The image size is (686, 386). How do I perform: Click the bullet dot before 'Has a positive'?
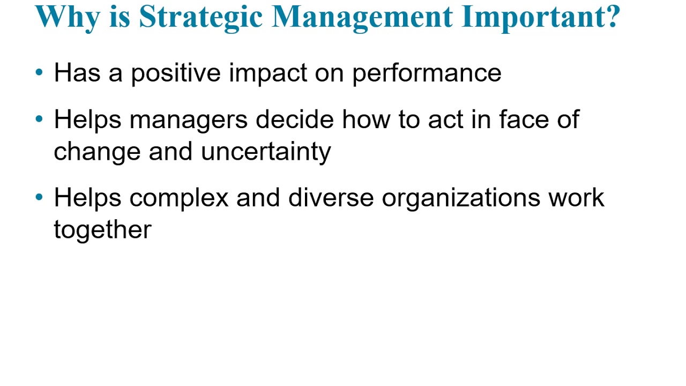pos(39,72)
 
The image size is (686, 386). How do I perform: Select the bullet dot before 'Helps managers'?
pos(39,119)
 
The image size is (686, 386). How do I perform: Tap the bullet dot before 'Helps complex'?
pos(39,197)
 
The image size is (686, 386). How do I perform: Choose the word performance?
pos(427,73)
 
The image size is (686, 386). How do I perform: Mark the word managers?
pos(188,120)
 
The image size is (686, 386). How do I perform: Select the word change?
pos(97,152)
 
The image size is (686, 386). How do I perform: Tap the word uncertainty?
pos(266,152)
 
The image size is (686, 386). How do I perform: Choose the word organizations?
pos(461,198)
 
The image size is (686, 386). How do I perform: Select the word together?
pos(102,230)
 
